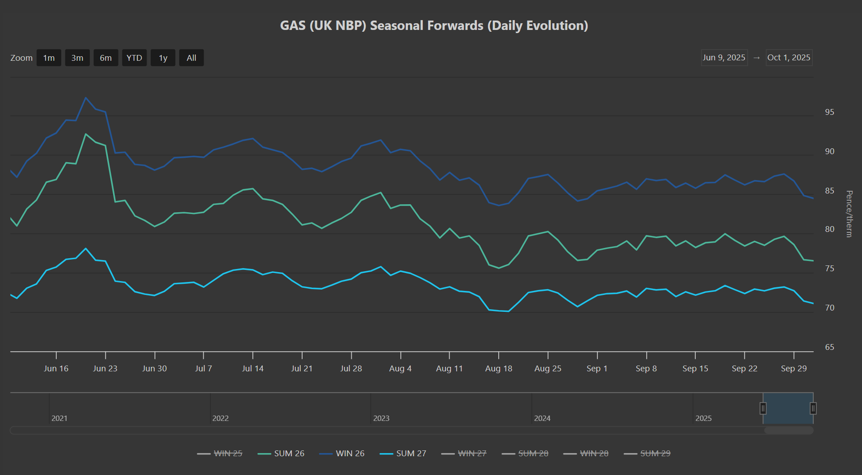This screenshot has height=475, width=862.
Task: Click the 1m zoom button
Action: pyautogui.click(x=49, y=58)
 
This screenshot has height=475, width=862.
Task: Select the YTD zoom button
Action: pyautogui.click(x=134, y=58)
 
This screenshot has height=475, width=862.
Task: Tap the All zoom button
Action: pyautogui.click(x=191, y=58)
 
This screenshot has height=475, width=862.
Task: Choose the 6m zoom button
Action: pyautogui.click(x=105, y=58)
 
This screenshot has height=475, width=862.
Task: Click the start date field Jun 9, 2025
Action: pyautogui.click(x=724, y=58)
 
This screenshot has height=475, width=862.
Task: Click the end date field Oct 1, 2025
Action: pyautogui.click(x=789, y=58)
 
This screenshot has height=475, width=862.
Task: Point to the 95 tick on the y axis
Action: pyautogui.click(x=829, y=112)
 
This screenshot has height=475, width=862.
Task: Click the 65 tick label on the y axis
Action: pyautogui.click(x=829, y=347)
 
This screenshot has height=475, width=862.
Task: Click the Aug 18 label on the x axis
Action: pyautogui.click(x=499, y=369)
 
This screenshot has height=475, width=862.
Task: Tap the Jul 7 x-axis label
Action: pyautogui.click(x=203, y=369)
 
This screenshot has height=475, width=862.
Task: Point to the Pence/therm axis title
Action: pyautogui.click(x=849, y=214)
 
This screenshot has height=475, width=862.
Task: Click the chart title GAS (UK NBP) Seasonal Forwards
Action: pyautogui.click(x=434, y=25)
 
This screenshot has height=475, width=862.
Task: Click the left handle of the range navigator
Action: pyautogui.click(x=763, y=408)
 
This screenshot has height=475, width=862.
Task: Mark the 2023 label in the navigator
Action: pyautogui.click(x=381, y=418)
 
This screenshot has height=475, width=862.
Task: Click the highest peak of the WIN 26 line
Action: pyautogui.click(x=86, y=98)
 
